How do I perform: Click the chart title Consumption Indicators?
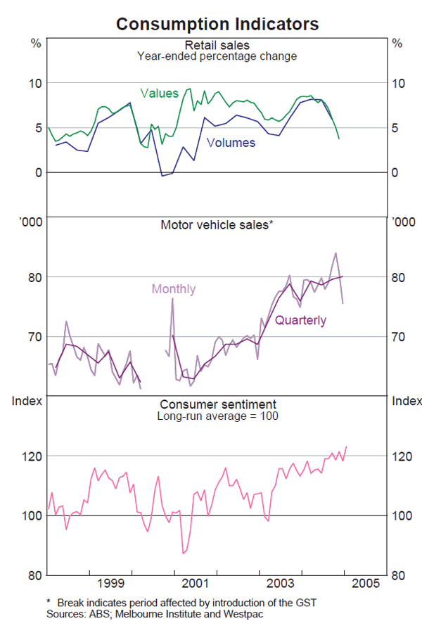217,24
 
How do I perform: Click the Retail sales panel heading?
217,45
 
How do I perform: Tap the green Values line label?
159,94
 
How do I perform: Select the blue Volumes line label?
231,142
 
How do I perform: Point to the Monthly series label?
174,289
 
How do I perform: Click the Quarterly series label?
300,321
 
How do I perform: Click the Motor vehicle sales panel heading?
217,226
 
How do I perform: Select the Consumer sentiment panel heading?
217,404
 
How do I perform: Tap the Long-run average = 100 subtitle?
217,416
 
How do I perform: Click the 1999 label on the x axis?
111,584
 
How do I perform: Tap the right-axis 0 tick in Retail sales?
397,172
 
